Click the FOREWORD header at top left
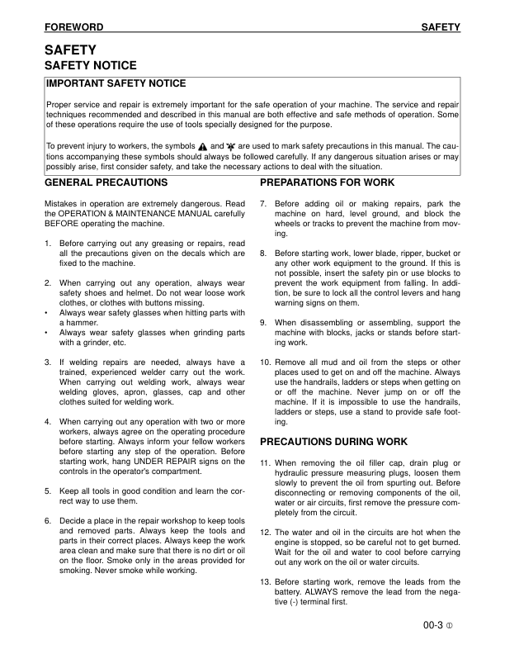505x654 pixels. (x=73, y=28)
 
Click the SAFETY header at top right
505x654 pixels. (x=440, y=28)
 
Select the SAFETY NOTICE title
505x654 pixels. (x=90, y=65)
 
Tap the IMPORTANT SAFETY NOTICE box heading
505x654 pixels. (x=116, y=83)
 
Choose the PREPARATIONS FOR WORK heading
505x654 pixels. (x=327, y=182)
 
